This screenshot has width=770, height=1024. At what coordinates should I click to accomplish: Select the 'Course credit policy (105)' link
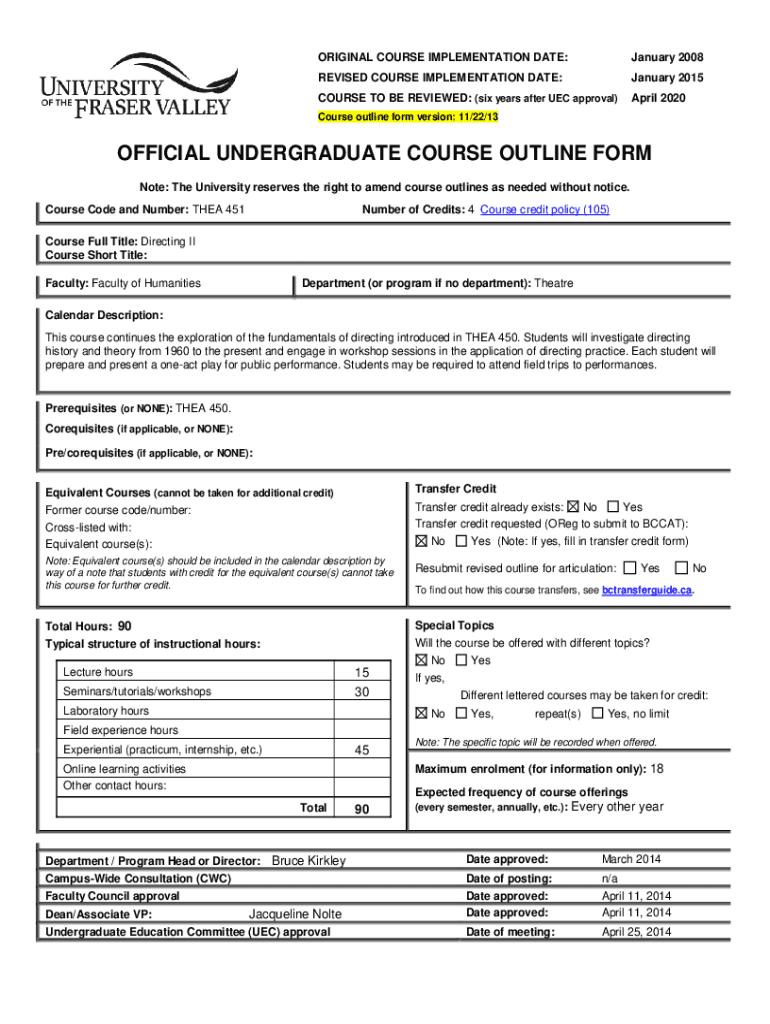point(544,209)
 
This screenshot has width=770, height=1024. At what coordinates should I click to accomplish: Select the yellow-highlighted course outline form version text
point(407,117)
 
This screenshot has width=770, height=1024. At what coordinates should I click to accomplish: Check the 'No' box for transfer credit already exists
point(573,507)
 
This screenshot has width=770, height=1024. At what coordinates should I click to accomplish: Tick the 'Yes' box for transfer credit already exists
point(613,507)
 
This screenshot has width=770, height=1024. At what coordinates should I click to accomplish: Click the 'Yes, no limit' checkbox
point(597,713)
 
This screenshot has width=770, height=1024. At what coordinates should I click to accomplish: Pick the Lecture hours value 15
point(361,673)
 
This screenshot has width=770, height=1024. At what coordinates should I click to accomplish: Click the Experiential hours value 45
point(361,750)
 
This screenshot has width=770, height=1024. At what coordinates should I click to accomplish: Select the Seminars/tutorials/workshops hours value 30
point(361,692)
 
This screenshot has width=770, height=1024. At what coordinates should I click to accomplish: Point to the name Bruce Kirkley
point(309,861)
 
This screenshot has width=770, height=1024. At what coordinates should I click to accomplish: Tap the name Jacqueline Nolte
point(295,914)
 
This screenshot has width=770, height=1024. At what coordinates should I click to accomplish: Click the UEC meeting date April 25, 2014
point(636,932)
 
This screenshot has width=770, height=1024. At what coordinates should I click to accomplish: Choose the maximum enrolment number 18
point(657,769)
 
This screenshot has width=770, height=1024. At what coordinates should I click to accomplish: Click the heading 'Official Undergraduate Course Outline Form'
point(384,154)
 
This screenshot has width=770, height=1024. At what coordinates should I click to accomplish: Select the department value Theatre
point(554,283)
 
